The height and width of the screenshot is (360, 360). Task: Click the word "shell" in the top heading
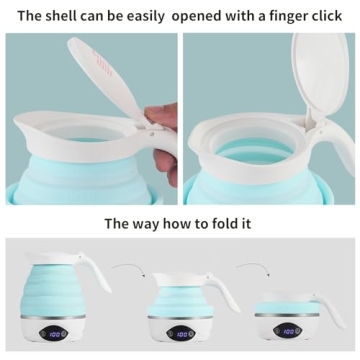(61, 16)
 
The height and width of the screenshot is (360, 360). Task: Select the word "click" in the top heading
(325, 16)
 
